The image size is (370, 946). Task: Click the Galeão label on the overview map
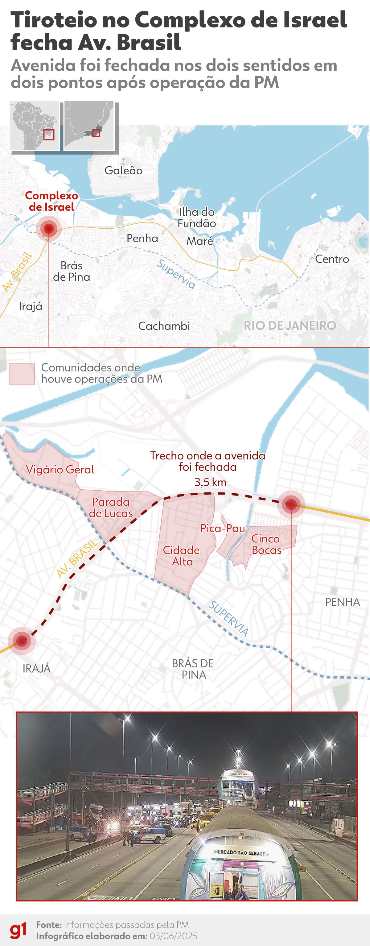123,170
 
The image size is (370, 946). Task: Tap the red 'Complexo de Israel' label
51,201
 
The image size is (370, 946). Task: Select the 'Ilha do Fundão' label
197,218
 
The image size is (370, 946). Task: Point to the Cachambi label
164,326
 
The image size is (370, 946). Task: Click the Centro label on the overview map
332,259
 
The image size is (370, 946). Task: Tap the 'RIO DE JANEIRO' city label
290,326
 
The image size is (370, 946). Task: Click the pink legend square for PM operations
22,374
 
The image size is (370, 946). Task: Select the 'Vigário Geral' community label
60,469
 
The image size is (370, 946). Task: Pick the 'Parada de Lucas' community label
111,508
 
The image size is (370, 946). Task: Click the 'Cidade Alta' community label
181,556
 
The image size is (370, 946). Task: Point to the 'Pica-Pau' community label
222,528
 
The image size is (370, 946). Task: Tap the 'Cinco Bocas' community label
266,544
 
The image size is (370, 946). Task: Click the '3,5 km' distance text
210,482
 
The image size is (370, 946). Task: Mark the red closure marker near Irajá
22,641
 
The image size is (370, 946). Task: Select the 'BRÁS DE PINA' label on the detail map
193,669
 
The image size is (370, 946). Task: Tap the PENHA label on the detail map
342,602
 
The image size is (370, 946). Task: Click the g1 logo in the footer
18,931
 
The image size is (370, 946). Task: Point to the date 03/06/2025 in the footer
173,936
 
